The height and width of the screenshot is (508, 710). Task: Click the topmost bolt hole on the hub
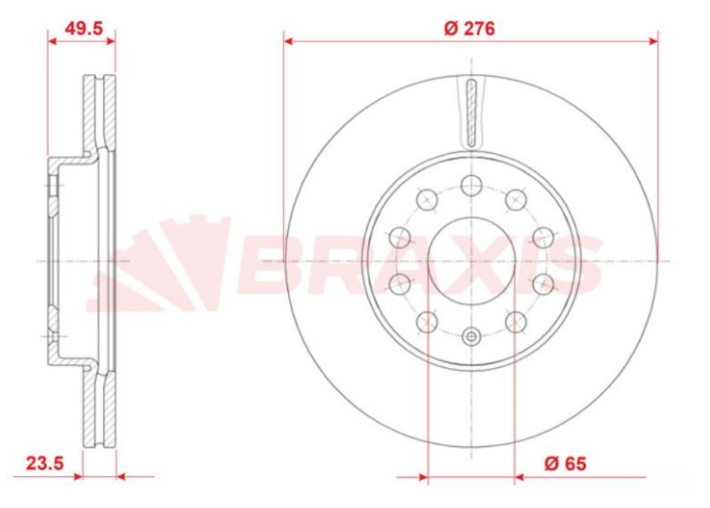(x=472, y=183)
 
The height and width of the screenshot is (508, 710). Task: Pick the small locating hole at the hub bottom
(x=472, y=337)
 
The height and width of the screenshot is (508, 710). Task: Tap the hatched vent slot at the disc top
(x=471, y=113)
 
